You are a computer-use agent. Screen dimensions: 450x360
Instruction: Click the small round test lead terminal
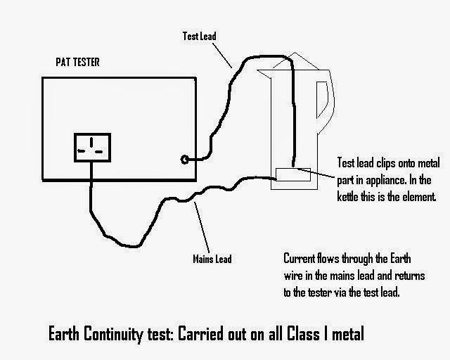[184, 160]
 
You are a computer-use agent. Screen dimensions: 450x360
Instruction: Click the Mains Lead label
[212, 259]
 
